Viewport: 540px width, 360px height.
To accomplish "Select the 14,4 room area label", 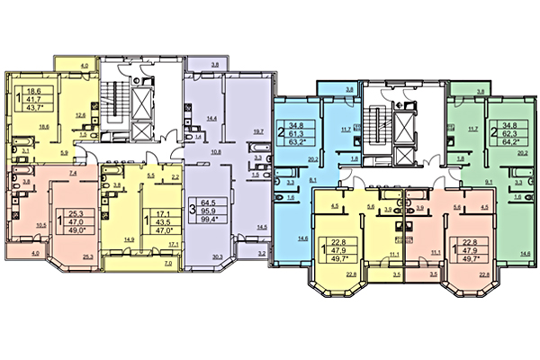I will coord(213,118).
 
